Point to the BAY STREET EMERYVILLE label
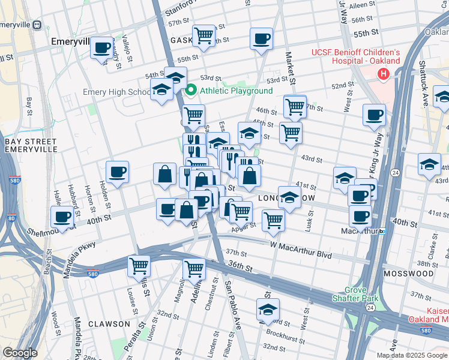[x=30, y=146]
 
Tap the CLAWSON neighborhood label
[x=109, y=323]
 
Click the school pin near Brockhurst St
[x=268, y=310]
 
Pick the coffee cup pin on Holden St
[x=118, y=172]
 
